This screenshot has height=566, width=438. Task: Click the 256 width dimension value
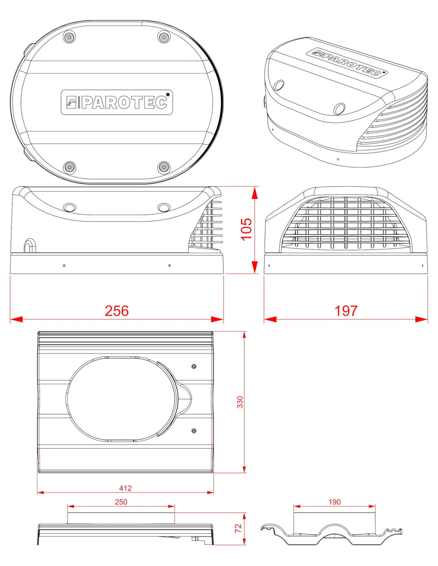pyautogui.click(x=117, y=311)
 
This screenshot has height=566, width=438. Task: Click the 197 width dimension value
pyautogui.click(x=346, y=311)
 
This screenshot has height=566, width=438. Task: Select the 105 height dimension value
pyautogui.click(x=246, y=230)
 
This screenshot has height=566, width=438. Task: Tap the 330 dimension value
pyautogui.click(x=240, y=402)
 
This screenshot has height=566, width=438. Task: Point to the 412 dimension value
pyautogui.click(x=125, y=488)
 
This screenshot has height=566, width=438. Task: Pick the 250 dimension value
pyautogui.click(x=121, y=502)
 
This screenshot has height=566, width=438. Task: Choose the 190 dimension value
pyautogui.click(x=335, y=502)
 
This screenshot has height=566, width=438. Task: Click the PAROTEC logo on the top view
pyautogui.click(x=117, y=102)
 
